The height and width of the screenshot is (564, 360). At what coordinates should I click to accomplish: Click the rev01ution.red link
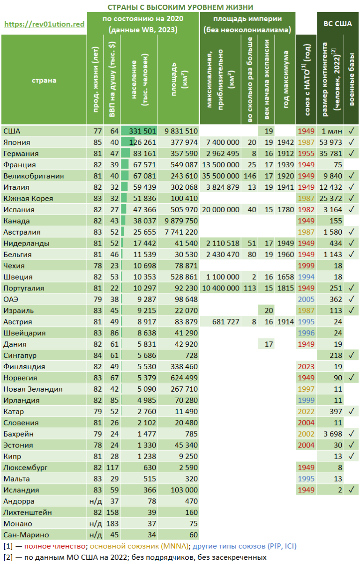point(45,24)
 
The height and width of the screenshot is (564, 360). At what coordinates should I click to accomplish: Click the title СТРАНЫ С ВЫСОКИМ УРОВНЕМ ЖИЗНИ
point(180,7)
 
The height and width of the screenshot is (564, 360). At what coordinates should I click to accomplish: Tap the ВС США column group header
point(337,24)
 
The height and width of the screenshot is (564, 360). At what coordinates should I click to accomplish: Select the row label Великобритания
point(33,176)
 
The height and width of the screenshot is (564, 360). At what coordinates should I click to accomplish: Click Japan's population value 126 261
point(142,142)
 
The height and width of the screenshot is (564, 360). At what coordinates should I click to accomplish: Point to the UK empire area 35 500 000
point(220,176)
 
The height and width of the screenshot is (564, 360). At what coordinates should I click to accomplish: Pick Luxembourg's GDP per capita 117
point(112,468)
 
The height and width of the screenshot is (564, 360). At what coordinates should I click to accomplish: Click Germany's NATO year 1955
point(306,153)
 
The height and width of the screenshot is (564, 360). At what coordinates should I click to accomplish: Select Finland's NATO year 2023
point(306,366)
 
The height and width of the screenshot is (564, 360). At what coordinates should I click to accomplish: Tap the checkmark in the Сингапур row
point(351,355)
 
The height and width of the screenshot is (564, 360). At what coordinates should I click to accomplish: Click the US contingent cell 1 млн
point(332,131)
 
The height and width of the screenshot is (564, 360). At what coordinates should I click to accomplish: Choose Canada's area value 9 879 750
point(181,221)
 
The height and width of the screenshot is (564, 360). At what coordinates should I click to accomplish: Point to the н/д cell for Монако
point(96,523)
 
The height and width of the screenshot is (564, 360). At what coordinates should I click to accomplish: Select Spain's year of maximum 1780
point(285,209)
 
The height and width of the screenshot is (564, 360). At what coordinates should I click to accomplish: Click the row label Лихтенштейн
point(28,512)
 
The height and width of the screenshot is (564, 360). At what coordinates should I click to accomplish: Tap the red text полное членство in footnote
point(55,546)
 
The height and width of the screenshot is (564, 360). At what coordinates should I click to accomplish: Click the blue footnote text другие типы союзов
point(229,546)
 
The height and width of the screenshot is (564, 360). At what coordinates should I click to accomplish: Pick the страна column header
point(44,80)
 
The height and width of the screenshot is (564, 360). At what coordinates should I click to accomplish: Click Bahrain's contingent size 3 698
point(333,434)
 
